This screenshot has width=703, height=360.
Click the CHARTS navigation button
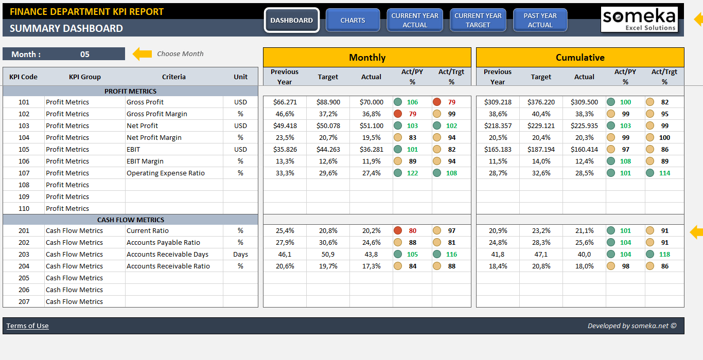(353, 20)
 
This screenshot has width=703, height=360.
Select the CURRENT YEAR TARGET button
(478, 20)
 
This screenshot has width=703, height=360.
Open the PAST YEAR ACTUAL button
(540, 20)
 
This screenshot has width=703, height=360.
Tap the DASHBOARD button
(291, 20)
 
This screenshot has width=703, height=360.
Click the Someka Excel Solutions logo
(639, 20)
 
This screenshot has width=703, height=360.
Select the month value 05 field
(85, 54)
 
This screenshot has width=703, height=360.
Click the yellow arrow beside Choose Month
(143, 53)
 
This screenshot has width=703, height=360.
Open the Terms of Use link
(27, 326)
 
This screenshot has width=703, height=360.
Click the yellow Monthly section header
(367, 58)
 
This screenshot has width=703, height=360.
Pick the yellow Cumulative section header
(580, 58)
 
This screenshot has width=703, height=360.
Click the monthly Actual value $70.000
(371, 102)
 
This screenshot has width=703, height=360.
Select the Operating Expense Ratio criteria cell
(166, 173)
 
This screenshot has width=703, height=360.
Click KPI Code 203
(24, 254)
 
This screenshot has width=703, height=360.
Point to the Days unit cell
(240, 254)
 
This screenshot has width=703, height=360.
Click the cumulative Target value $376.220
(541, 102)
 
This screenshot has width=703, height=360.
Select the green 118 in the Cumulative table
(664, 254)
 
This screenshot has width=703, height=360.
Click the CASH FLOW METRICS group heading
(131, 220)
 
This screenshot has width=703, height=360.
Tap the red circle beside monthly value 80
(398, 230)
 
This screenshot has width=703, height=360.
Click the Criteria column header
(173, 77)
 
